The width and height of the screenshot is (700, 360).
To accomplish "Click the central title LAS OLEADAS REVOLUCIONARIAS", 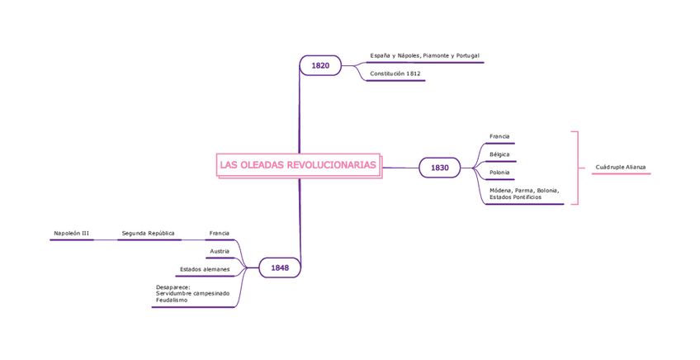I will pos(298,165).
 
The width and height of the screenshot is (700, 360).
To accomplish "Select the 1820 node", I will pos(319,65).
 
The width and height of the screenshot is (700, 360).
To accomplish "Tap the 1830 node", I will pos(439,168).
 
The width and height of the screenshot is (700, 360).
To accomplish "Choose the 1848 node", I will pos(279,268).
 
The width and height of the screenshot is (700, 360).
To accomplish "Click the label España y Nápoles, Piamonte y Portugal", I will pos(424,55).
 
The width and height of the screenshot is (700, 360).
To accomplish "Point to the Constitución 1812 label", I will pos(395,73).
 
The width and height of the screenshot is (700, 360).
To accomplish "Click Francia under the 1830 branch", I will pos(499,136).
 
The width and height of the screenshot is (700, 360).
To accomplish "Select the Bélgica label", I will pos(499,154).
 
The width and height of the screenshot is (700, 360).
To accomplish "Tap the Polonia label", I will pos(499,173).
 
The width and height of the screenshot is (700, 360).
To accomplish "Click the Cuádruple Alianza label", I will pos(621,167).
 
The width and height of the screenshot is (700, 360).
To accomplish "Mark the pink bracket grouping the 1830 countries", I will pos(577,167).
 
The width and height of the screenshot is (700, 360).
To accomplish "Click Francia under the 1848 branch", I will pos(219,234).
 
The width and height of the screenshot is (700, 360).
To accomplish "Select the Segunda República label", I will pos(148,234).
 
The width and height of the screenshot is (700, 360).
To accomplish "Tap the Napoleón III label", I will pos(71,234).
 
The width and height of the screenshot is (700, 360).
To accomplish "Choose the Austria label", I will pos(220,251).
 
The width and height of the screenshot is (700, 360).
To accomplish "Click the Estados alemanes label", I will pos(205,269).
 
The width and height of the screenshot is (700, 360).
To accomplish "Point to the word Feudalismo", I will pos(172,301).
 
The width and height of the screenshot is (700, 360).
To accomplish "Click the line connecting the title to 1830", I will pos(400,168).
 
